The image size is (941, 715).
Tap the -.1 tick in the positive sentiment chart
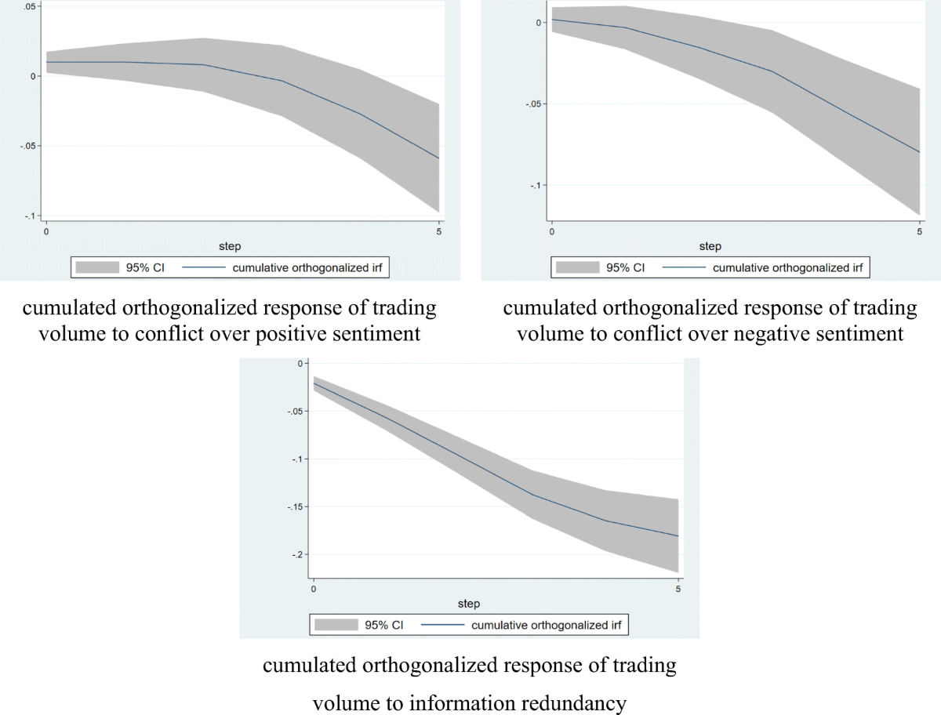29,216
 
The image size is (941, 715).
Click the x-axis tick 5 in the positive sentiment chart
438,232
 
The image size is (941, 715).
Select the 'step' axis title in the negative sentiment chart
710,246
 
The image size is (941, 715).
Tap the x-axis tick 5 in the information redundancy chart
678,589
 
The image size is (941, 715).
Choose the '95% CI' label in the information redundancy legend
385,626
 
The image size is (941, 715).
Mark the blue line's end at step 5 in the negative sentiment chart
919,152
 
